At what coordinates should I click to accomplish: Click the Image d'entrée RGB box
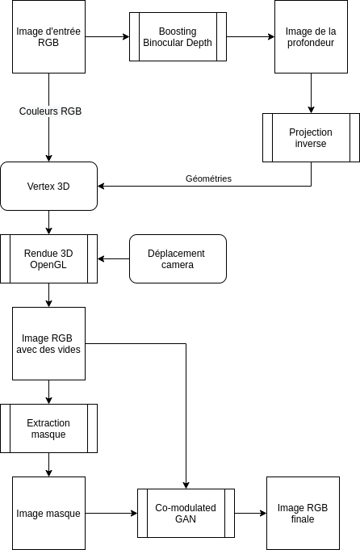(x=48, y=37)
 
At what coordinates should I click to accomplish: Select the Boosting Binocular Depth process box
(x=178, y=37)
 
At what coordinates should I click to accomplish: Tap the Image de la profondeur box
(x=311, y=37)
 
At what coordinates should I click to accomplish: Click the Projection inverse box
(x=311, y=137)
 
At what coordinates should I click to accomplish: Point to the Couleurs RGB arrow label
(x=50, y=111)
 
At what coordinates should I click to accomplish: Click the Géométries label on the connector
(x=208, y=178)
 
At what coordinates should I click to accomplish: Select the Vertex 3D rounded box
(x=48, y=187)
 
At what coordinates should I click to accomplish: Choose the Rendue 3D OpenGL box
(x=48, y=259)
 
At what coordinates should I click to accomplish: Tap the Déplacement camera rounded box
(x=178, y=259)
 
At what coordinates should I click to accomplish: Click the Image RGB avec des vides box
(x=48, y=344)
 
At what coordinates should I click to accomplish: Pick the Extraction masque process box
(x=48, y=428)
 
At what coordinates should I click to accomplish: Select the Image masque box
(x=48, y=513)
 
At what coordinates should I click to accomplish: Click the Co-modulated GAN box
(x=186, y=513)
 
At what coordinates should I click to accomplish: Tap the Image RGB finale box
(x=303, y=513)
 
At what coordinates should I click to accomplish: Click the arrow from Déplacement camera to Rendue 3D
(x=114, y=259)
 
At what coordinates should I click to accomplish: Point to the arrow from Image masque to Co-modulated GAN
(x=111, y=513)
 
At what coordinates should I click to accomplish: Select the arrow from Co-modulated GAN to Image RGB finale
(x=251, y=513)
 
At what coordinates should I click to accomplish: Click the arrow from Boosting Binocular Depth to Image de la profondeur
(x=251, y=37)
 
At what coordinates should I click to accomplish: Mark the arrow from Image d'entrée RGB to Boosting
(x=107, y=37)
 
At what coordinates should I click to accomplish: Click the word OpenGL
(x=48, y=265)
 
